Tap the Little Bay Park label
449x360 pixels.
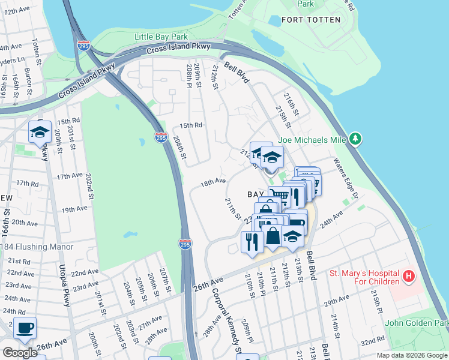tap(157, 37)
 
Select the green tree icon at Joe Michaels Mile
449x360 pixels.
tap(356, 139)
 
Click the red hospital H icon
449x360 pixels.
tap(409, 277)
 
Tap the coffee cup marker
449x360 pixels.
tap(25, 328)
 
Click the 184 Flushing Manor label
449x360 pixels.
tap(37, 247)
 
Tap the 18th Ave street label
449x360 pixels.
tap(213, 181)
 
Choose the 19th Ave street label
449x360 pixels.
tap(74, 209)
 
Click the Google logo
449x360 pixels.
tap(19, 352)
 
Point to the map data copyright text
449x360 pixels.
tap(412, 355)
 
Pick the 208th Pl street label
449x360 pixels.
tap(188, 76)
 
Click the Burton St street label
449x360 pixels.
tap(28, 79)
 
